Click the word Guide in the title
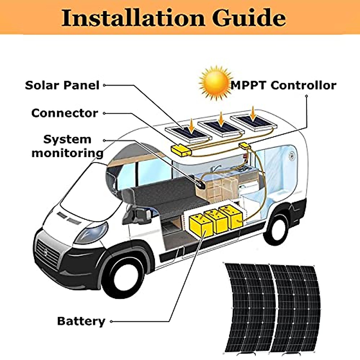[249, 18]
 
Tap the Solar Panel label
[62, 85]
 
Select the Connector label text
[65, 113]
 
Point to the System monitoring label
[67, 146]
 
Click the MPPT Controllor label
[283, 85]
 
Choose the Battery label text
[81, 321]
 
